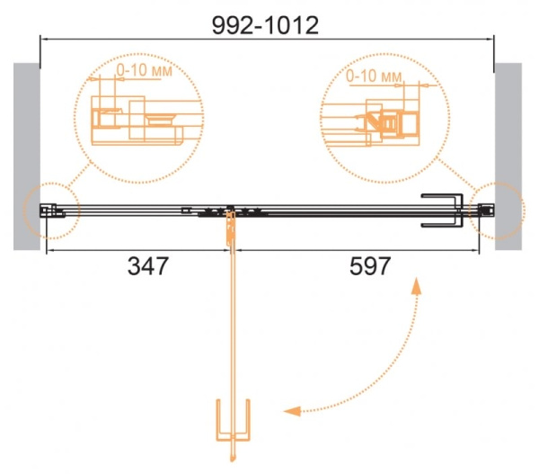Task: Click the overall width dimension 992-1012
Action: [x=265, y=25]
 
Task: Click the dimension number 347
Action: [x=148, y=266]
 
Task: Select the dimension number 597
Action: [x=370, y=266]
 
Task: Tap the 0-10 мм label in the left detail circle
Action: [x=144, y=70]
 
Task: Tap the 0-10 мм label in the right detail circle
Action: [x=374, y=76]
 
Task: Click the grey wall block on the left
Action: [x=27, y=157]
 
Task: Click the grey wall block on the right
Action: [x=508, y=157]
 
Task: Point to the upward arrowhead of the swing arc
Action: [x=416, y=286]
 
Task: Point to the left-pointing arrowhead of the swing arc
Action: [x=292, y=411]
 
